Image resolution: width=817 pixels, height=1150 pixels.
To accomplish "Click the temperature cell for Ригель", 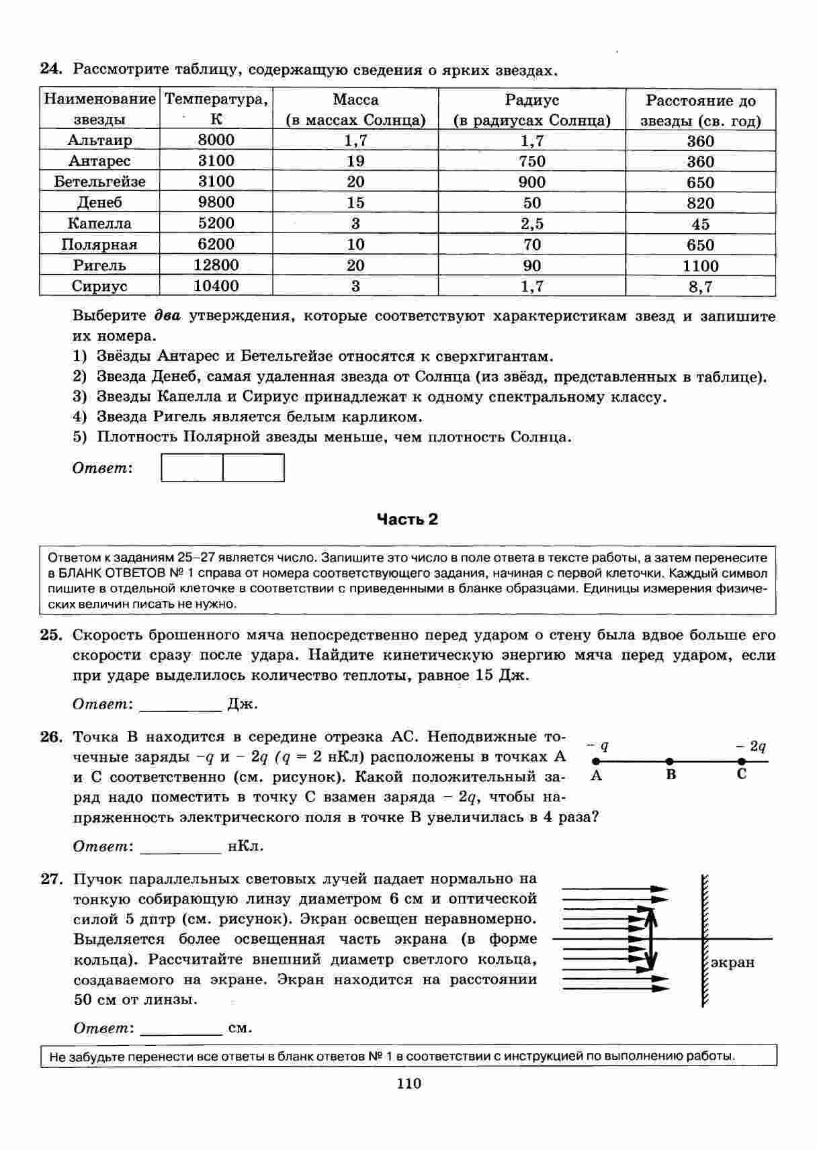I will coord(216,265).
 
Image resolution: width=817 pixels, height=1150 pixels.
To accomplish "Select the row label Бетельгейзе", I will coord(100,182).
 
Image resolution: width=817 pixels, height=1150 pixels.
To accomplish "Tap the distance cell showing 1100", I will coord(700,266).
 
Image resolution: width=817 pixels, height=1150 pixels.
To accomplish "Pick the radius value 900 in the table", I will coord(531,182).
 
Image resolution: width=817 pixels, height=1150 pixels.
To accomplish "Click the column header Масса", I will coord(355,100).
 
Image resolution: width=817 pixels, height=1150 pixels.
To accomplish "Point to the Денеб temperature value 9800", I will coord(216,202).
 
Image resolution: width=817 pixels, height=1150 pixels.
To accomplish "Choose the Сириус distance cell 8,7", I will coord(700,287).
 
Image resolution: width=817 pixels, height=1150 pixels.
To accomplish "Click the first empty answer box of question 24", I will coord(192,468).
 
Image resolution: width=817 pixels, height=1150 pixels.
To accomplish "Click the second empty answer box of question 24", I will coord(253,468).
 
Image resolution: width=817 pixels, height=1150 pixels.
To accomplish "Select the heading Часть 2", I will coord(407,519).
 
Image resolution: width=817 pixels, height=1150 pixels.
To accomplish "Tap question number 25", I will coord(51,635).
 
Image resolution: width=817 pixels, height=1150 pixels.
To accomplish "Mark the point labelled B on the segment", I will coord(669,762).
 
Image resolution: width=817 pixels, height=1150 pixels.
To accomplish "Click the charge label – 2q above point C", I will coord(750,746).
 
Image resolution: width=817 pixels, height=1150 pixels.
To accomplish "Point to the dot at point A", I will coord(595,762).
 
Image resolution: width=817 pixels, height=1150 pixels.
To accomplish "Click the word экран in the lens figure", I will coord(732,963).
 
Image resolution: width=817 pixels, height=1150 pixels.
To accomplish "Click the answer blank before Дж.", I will coord(180,705).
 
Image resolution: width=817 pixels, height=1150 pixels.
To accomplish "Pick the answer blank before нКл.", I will coord(180,847).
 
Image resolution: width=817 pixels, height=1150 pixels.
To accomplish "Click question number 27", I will coord(51,879).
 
